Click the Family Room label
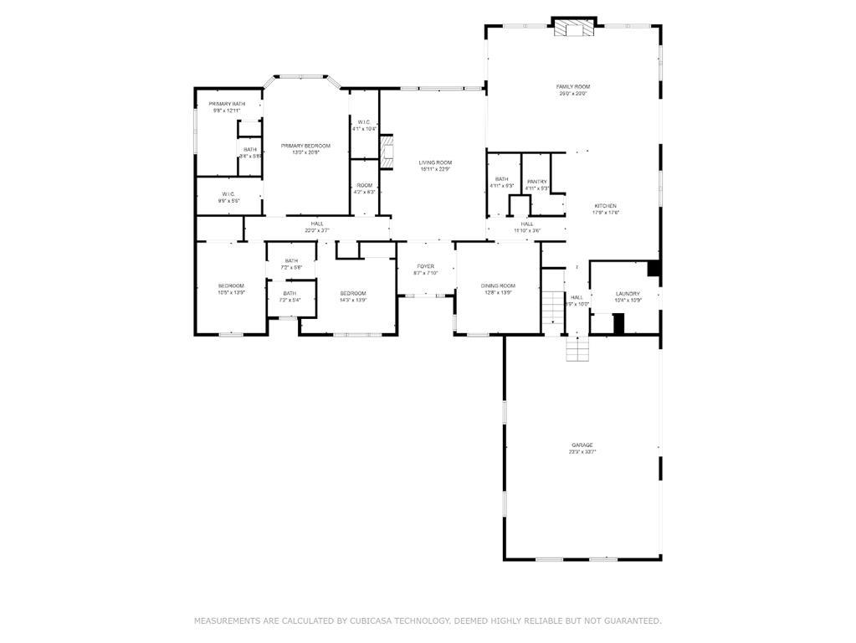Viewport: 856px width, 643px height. pos(573,87)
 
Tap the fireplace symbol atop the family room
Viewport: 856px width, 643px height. pos(574,28)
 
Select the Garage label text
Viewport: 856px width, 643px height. pos(582,445)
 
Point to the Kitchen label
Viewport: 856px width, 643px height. pos(606,206)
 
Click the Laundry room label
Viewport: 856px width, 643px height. pos(628,294)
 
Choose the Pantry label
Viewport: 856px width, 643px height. pos(537,182)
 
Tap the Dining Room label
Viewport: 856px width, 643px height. pos(498,286)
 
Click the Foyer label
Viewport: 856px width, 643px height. pos(426,266)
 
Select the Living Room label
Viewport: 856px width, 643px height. pos(435,162)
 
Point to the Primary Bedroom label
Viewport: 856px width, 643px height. pos(305,147)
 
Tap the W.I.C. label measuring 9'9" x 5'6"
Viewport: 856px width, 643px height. pos(228,194)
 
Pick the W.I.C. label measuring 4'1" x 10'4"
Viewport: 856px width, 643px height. pos(364,122)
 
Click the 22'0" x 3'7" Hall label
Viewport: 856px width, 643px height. pos(317,224)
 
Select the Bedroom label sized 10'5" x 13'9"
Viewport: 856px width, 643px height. pos(231,286)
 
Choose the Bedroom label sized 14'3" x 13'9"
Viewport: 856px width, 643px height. pos(353,293)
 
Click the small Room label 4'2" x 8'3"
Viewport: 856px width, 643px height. pos(364,186)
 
